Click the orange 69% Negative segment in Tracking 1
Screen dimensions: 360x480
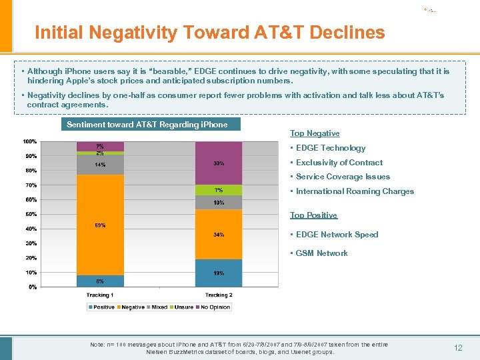(x=100, y=225)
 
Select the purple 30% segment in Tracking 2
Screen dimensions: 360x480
(x=219, y=163)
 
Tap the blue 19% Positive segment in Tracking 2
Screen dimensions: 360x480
(x=219, y=273)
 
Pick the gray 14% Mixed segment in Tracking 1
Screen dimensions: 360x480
(x=100, y=165)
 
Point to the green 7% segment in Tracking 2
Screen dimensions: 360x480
(x=219, y=190)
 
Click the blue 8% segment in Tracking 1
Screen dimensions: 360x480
(x=100, y=281)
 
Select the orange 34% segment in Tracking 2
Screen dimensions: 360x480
(x=219, y=234)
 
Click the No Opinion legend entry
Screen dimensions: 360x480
(x=215, y=307)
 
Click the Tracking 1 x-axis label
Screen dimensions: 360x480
(x=100, y=295)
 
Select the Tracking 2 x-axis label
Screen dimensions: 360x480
(x=219, y=295)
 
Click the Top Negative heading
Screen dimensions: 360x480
(x=315, y=133)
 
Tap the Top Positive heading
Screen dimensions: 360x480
(x=313, y=215)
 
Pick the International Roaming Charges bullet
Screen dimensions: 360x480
(x=355, y=191)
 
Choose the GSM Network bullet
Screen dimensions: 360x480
(x=321, y=253)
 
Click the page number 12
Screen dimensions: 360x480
(x=457, y=348)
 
